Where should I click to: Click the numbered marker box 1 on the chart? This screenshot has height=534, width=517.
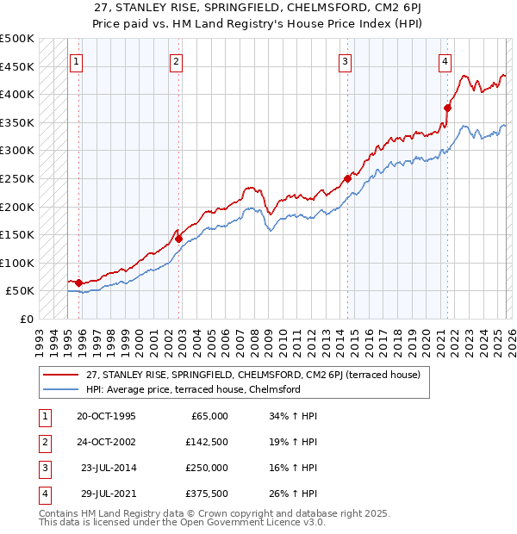point(78,61)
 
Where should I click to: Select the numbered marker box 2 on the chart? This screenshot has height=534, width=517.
point(176,61)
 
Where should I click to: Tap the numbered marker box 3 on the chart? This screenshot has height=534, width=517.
point(345,61)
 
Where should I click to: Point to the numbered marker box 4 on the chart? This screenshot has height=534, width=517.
point(445,61)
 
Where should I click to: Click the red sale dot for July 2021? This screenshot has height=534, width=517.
point(447,108)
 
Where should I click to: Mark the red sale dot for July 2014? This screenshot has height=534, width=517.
point(347,178)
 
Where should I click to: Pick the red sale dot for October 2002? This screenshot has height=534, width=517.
point(178,239)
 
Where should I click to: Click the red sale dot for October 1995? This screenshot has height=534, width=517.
point(78,283)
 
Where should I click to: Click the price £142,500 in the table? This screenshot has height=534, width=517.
point(206,441)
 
